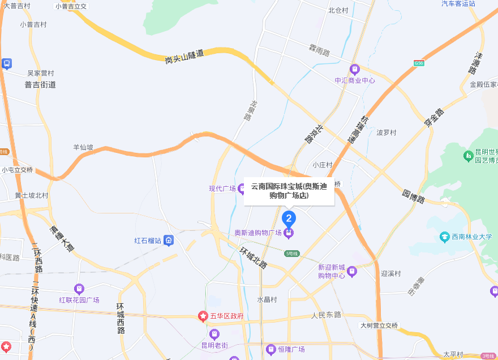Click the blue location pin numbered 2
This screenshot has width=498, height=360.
289,218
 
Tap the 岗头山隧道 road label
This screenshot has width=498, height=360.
184,55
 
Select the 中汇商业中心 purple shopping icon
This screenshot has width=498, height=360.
355,70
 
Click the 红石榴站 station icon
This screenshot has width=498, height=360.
169,241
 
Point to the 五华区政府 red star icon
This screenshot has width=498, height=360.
203,316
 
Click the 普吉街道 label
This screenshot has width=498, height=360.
40,84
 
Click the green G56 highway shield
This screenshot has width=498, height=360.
419,63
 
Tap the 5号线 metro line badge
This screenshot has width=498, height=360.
291,253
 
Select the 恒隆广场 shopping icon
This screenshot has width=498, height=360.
272,349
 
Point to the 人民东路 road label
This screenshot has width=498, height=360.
327,315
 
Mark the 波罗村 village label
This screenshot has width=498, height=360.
387,132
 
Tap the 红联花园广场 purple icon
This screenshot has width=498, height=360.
79,289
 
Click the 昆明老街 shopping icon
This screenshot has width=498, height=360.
214,334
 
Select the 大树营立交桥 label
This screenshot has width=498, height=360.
379,325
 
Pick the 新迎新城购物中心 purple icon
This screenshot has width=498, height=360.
352,271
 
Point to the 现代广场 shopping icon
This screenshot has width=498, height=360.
242,188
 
